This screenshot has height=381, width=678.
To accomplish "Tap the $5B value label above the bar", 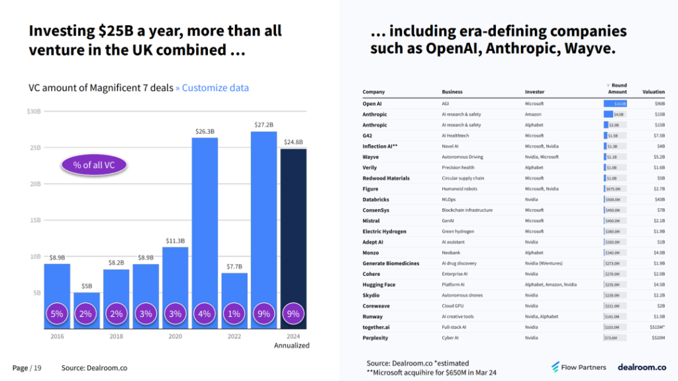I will click(87, 286).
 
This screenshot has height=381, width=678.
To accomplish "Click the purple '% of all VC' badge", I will click(94, 165).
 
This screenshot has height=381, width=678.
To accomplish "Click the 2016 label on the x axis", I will click(58, 336).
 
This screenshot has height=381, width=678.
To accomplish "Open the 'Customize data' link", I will click(215, 88).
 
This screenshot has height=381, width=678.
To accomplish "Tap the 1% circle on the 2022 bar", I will click(234, 314).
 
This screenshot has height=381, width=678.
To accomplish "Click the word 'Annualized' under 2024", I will click(292, 345).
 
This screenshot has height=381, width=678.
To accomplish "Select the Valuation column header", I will click(654, 92).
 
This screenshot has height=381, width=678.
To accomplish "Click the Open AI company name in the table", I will click(372, 104).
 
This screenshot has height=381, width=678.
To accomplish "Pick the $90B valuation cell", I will click(659, 104).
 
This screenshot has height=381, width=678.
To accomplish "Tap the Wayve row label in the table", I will click(371, 157).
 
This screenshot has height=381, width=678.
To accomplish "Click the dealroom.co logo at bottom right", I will click(642, 367).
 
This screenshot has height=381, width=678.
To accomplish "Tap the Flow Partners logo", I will click(580, 367).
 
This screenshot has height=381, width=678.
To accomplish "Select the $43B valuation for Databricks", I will click(659, 199).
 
